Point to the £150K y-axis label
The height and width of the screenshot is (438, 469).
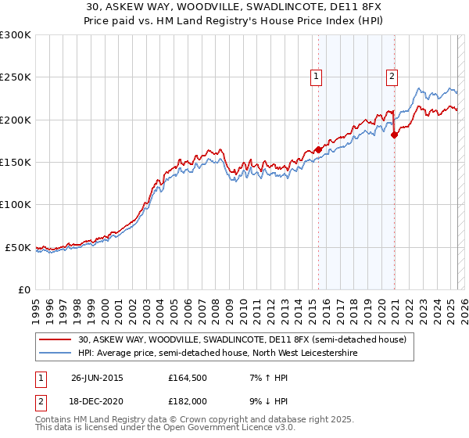(16, 163)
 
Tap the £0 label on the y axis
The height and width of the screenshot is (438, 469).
(23, 289)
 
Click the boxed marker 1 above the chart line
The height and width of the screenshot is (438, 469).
(317, 77)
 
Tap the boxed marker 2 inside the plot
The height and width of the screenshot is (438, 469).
(392, 77)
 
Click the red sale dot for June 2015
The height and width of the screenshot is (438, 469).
(319, 149)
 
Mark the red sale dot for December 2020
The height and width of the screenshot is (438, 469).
(395, 135)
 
